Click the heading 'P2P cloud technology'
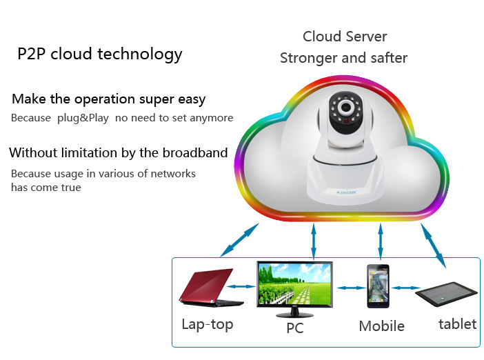[x=100, y=54]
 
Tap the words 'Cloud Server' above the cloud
[x=345, y=37]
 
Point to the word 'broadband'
[x=194, y=152]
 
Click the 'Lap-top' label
[x=208, y=324]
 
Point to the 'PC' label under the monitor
[x=295, y=329]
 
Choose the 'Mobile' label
[x=381, y=326]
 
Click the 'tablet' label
[x=457, y=323]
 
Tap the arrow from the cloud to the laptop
[x=239, y=241]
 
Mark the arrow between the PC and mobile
[x=348, y=287]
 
